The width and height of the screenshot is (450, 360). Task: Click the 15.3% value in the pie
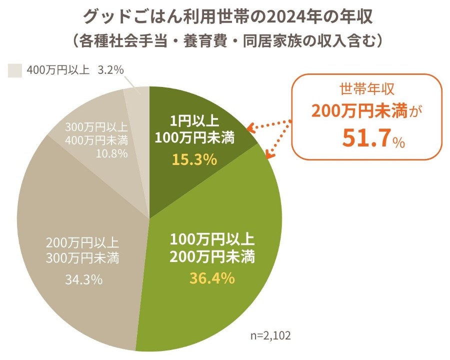point(194,159)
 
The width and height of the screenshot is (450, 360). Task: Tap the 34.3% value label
point(84,279)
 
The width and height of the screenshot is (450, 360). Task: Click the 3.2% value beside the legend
point(110,70)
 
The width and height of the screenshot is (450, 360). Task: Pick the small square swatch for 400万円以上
point(14,70)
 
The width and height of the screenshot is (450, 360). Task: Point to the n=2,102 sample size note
point(270,334)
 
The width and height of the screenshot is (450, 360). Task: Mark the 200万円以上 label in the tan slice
point(82,243)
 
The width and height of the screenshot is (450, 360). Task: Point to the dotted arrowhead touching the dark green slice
point(250,128)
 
